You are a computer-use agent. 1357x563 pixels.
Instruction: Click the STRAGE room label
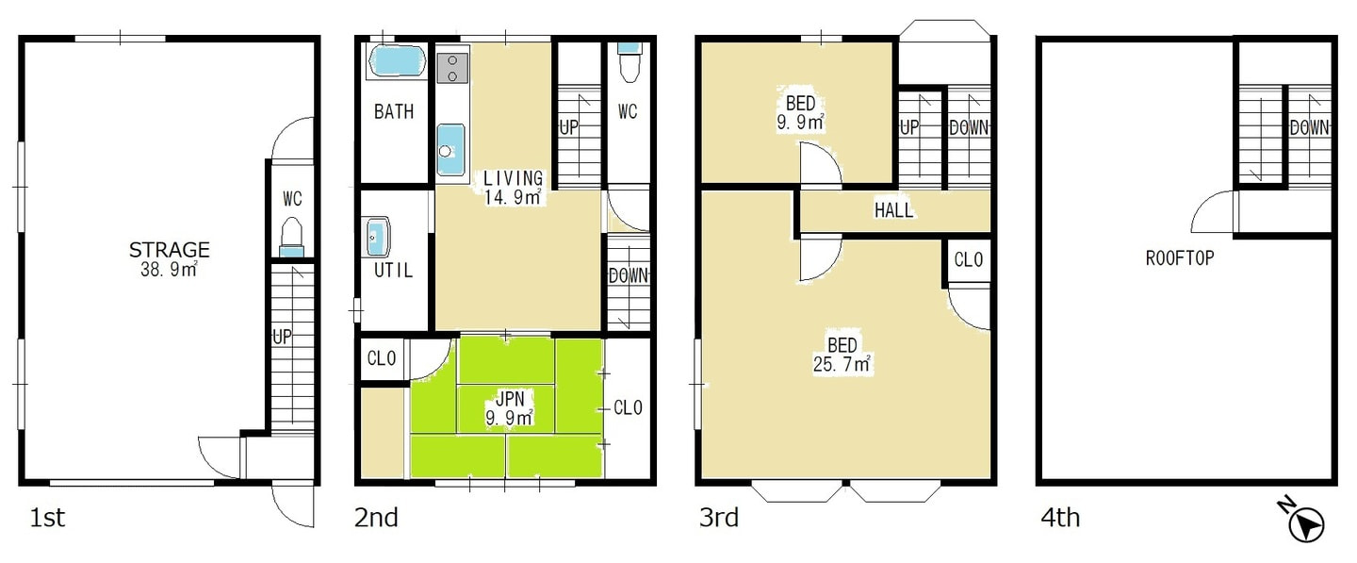coord(170,250)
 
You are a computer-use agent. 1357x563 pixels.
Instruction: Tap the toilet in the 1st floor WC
coord(292,238)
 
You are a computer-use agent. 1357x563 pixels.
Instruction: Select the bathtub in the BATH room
coord(397,61)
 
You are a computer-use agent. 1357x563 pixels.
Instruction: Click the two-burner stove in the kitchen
coord(452,68)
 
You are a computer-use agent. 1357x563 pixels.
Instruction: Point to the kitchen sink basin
coord(450,150)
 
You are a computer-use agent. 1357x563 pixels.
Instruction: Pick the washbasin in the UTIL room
coord(377,237)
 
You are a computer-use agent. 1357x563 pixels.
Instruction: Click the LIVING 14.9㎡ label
coord(513,188)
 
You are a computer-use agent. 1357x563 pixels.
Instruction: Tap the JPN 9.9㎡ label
coord(510,407)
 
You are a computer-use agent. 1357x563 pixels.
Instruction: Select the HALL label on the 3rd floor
coord(893,210)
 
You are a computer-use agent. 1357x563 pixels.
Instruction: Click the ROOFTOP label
coord(1180,258)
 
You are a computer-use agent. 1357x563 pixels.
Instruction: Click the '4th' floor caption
coord(1060,518)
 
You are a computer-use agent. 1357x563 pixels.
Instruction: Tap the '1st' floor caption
coord(47,518)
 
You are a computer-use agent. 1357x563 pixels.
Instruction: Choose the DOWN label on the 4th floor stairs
coord(1309,128)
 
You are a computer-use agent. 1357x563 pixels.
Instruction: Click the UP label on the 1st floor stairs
coord(282,337)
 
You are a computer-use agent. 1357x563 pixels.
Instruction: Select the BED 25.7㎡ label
coord(842,355)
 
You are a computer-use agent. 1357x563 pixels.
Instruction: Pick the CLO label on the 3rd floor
coord(968,260)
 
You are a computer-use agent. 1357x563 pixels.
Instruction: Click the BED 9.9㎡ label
coord(800,113)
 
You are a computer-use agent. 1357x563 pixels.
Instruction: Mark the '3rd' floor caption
coord(719,518)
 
